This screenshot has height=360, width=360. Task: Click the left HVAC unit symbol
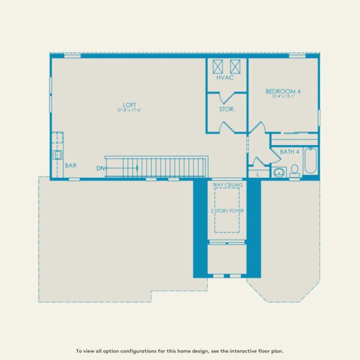218,66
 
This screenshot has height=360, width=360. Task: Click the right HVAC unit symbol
236,66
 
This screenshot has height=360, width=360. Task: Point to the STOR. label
227,110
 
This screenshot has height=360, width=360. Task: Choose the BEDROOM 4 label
283,92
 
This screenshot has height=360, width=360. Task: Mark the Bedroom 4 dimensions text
283,97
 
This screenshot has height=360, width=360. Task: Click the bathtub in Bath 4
310,160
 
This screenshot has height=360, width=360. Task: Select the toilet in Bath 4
294,174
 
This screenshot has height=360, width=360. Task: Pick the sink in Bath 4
278,173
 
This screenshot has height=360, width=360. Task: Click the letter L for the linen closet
257,173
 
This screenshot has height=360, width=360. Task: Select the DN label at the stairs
100,169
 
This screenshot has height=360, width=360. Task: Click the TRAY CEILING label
227,185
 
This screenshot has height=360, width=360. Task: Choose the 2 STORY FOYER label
227,212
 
